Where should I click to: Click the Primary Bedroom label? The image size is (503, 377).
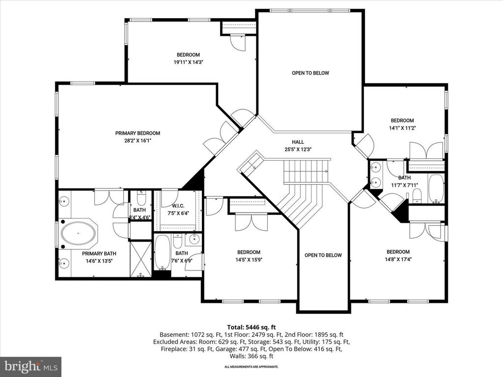(138, 133)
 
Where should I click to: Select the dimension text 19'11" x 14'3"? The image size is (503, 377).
(189, 62)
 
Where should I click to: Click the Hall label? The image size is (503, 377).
(298, 141)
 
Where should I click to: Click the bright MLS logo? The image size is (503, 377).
(30, 366)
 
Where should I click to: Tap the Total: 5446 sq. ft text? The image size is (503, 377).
(251, 326)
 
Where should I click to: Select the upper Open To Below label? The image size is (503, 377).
(310, 73)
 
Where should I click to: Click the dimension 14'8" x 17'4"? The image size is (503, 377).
(398, 260)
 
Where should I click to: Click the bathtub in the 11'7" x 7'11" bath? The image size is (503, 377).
(436, 189)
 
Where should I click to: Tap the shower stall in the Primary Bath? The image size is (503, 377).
(141, 259)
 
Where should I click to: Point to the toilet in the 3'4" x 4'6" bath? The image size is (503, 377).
(140, 200)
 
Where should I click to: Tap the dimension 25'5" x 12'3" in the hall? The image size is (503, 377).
(298, 149)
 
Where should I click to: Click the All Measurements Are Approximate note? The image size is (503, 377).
(251, 367)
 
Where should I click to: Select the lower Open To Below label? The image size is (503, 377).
(323, 255)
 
